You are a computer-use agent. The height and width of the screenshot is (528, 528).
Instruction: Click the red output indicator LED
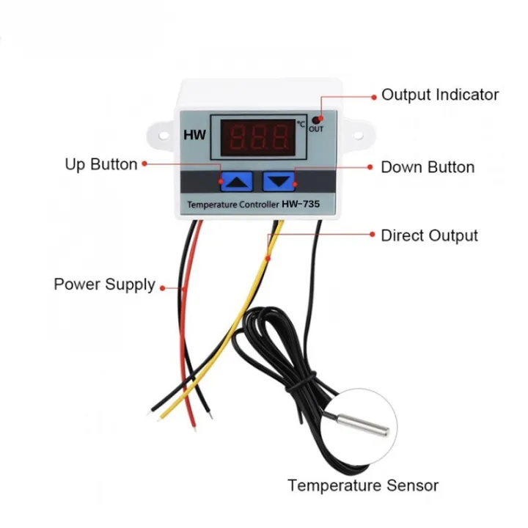[316, 119]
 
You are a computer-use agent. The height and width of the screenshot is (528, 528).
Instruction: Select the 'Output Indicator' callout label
[440, 95]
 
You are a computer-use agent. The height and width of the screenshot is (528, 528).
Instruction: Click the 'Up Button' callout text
[101, 164]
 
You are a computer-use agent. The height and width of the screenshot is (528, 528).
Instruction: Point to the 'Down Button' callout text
[428, 167]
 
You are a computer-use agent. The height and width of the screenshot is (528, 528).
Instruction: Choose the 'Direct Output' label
[429, 235]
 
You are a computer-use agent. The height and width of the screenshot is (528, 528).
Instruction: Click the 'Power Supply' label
[104, 284]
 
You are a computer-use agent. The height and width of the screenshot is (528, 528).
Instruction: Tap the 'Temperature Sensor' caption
[363, 485]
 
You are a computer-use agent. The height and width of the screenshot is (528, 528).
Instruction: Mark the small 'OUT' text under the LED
[316, 130]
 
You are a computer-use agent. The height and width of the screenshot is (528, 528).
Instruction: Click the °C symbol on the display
[301, 122]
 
